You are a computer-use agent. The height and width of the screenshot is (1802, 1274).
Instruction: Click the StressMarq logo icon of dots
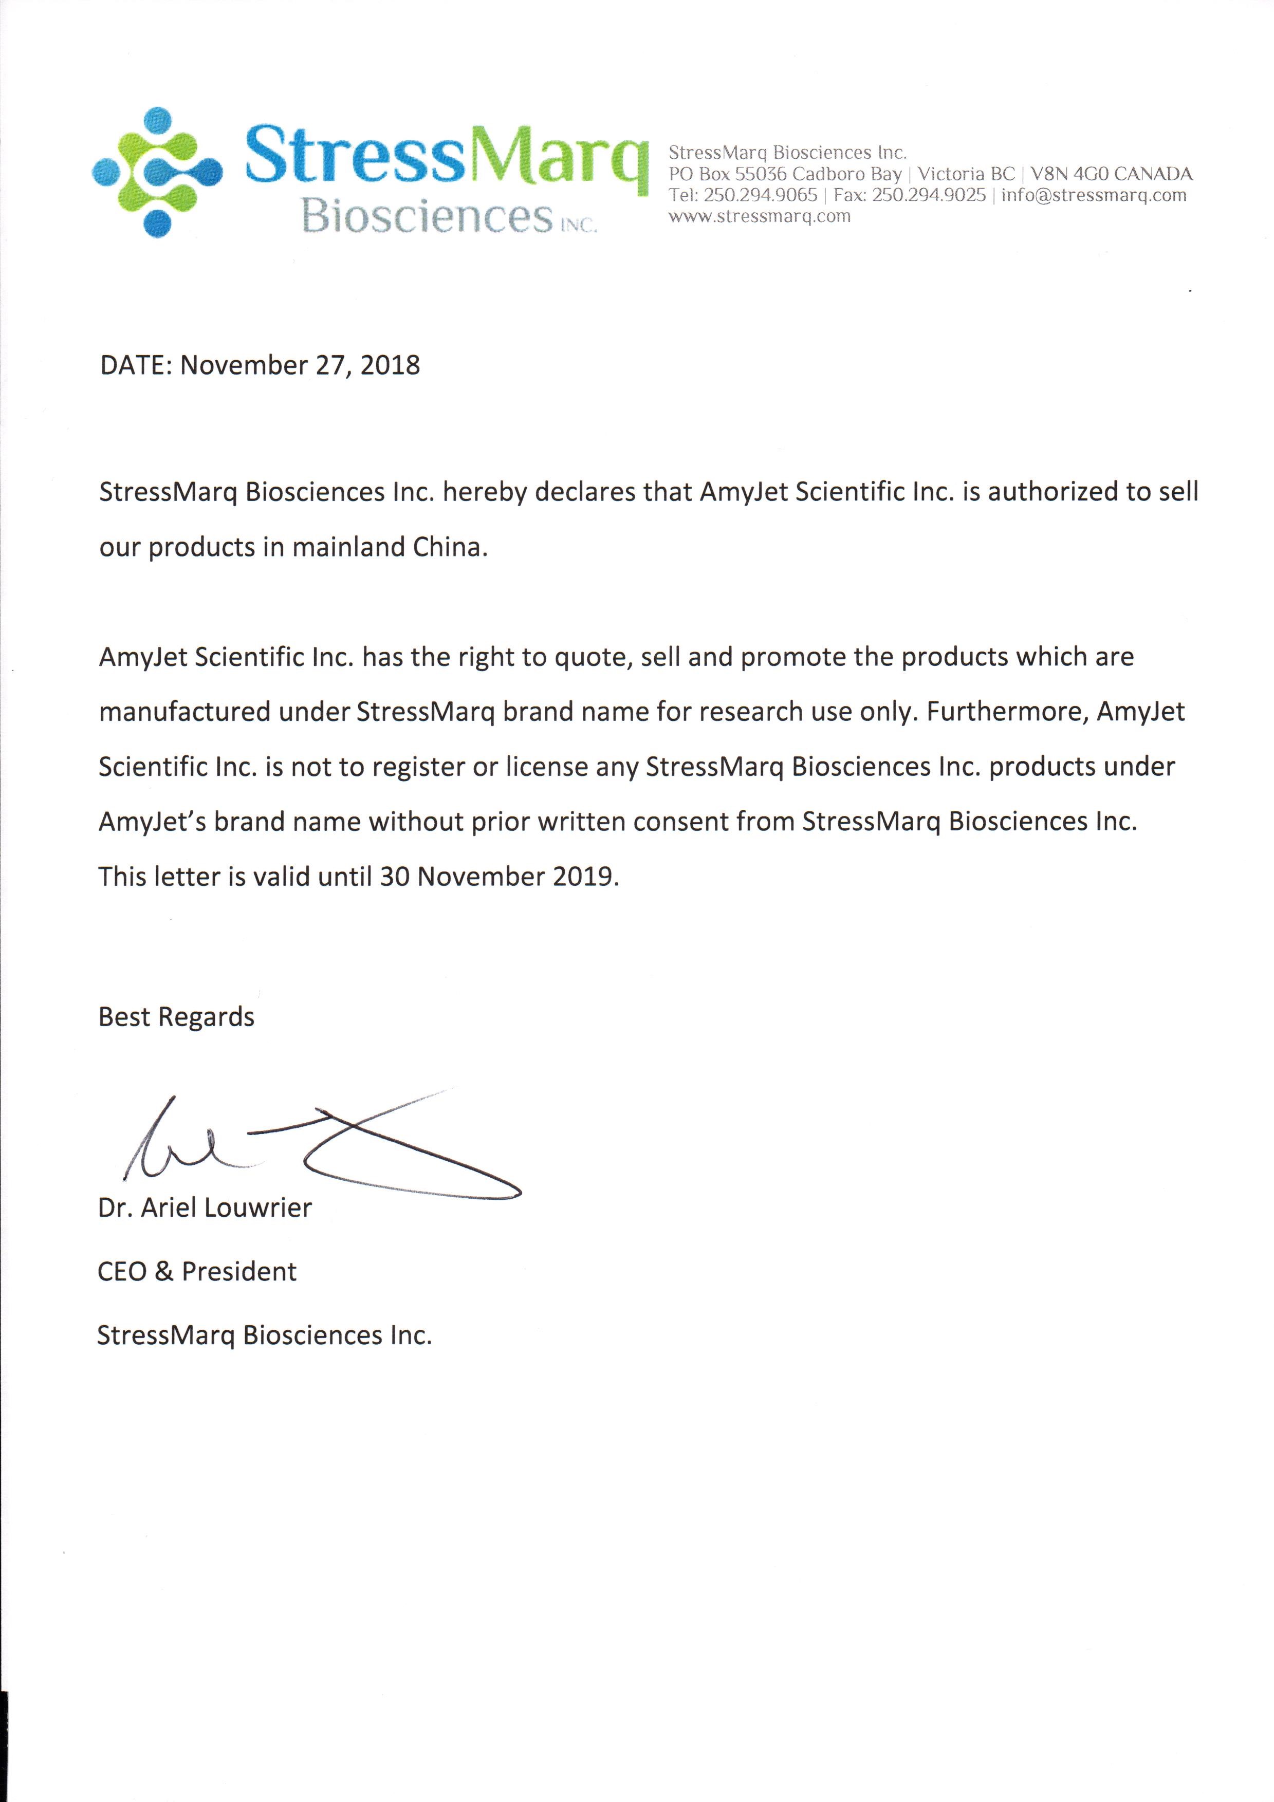pos(157,172)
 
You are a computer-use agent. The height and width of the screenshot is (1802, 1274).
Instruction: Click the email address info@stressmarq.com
pos(1094,195)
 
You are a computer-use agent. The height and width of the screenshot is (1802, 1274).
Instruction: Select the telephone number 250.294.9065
pos(760,195)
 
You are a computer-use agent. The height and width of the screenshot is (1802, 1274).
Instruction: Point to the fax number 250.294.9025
pos(929,195)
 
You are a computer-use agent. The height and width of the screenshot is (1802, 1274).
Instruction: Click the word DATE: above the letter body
pos(136,366)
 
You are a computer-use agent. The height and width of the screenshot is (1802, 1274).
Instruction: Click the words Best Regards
pos(177,1017)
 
